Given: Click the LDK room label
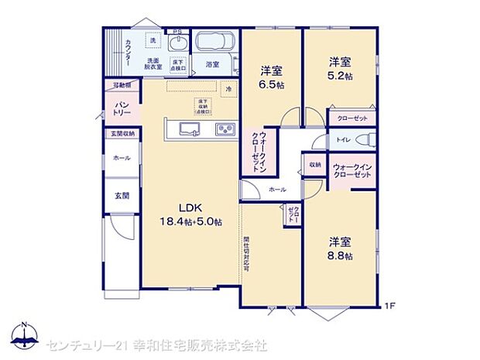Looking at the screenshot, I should tap(191, 207).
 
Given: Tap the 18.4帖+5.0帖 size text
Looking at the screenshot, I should tap(191, 221).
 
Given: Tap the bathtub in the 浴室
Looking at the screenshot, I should tap(213, 42).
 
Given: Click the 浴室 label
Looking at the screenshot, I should tap(213, 64).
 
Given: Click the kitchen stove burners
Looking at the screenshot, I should tap(225, 129).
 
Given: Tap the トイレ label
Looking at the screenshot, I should tap(343, 140).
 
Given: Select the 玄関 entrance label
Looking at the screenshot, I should tap(122, 194).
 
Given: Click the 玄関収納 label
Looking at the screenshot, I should tap(122, 134).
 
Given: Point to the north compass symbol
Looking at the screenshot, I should tap(25, 333).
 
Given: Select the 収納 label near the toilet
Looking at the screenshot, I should tap(315, 165).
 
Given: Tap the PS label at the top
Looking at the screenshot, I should tap(177, 32).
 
